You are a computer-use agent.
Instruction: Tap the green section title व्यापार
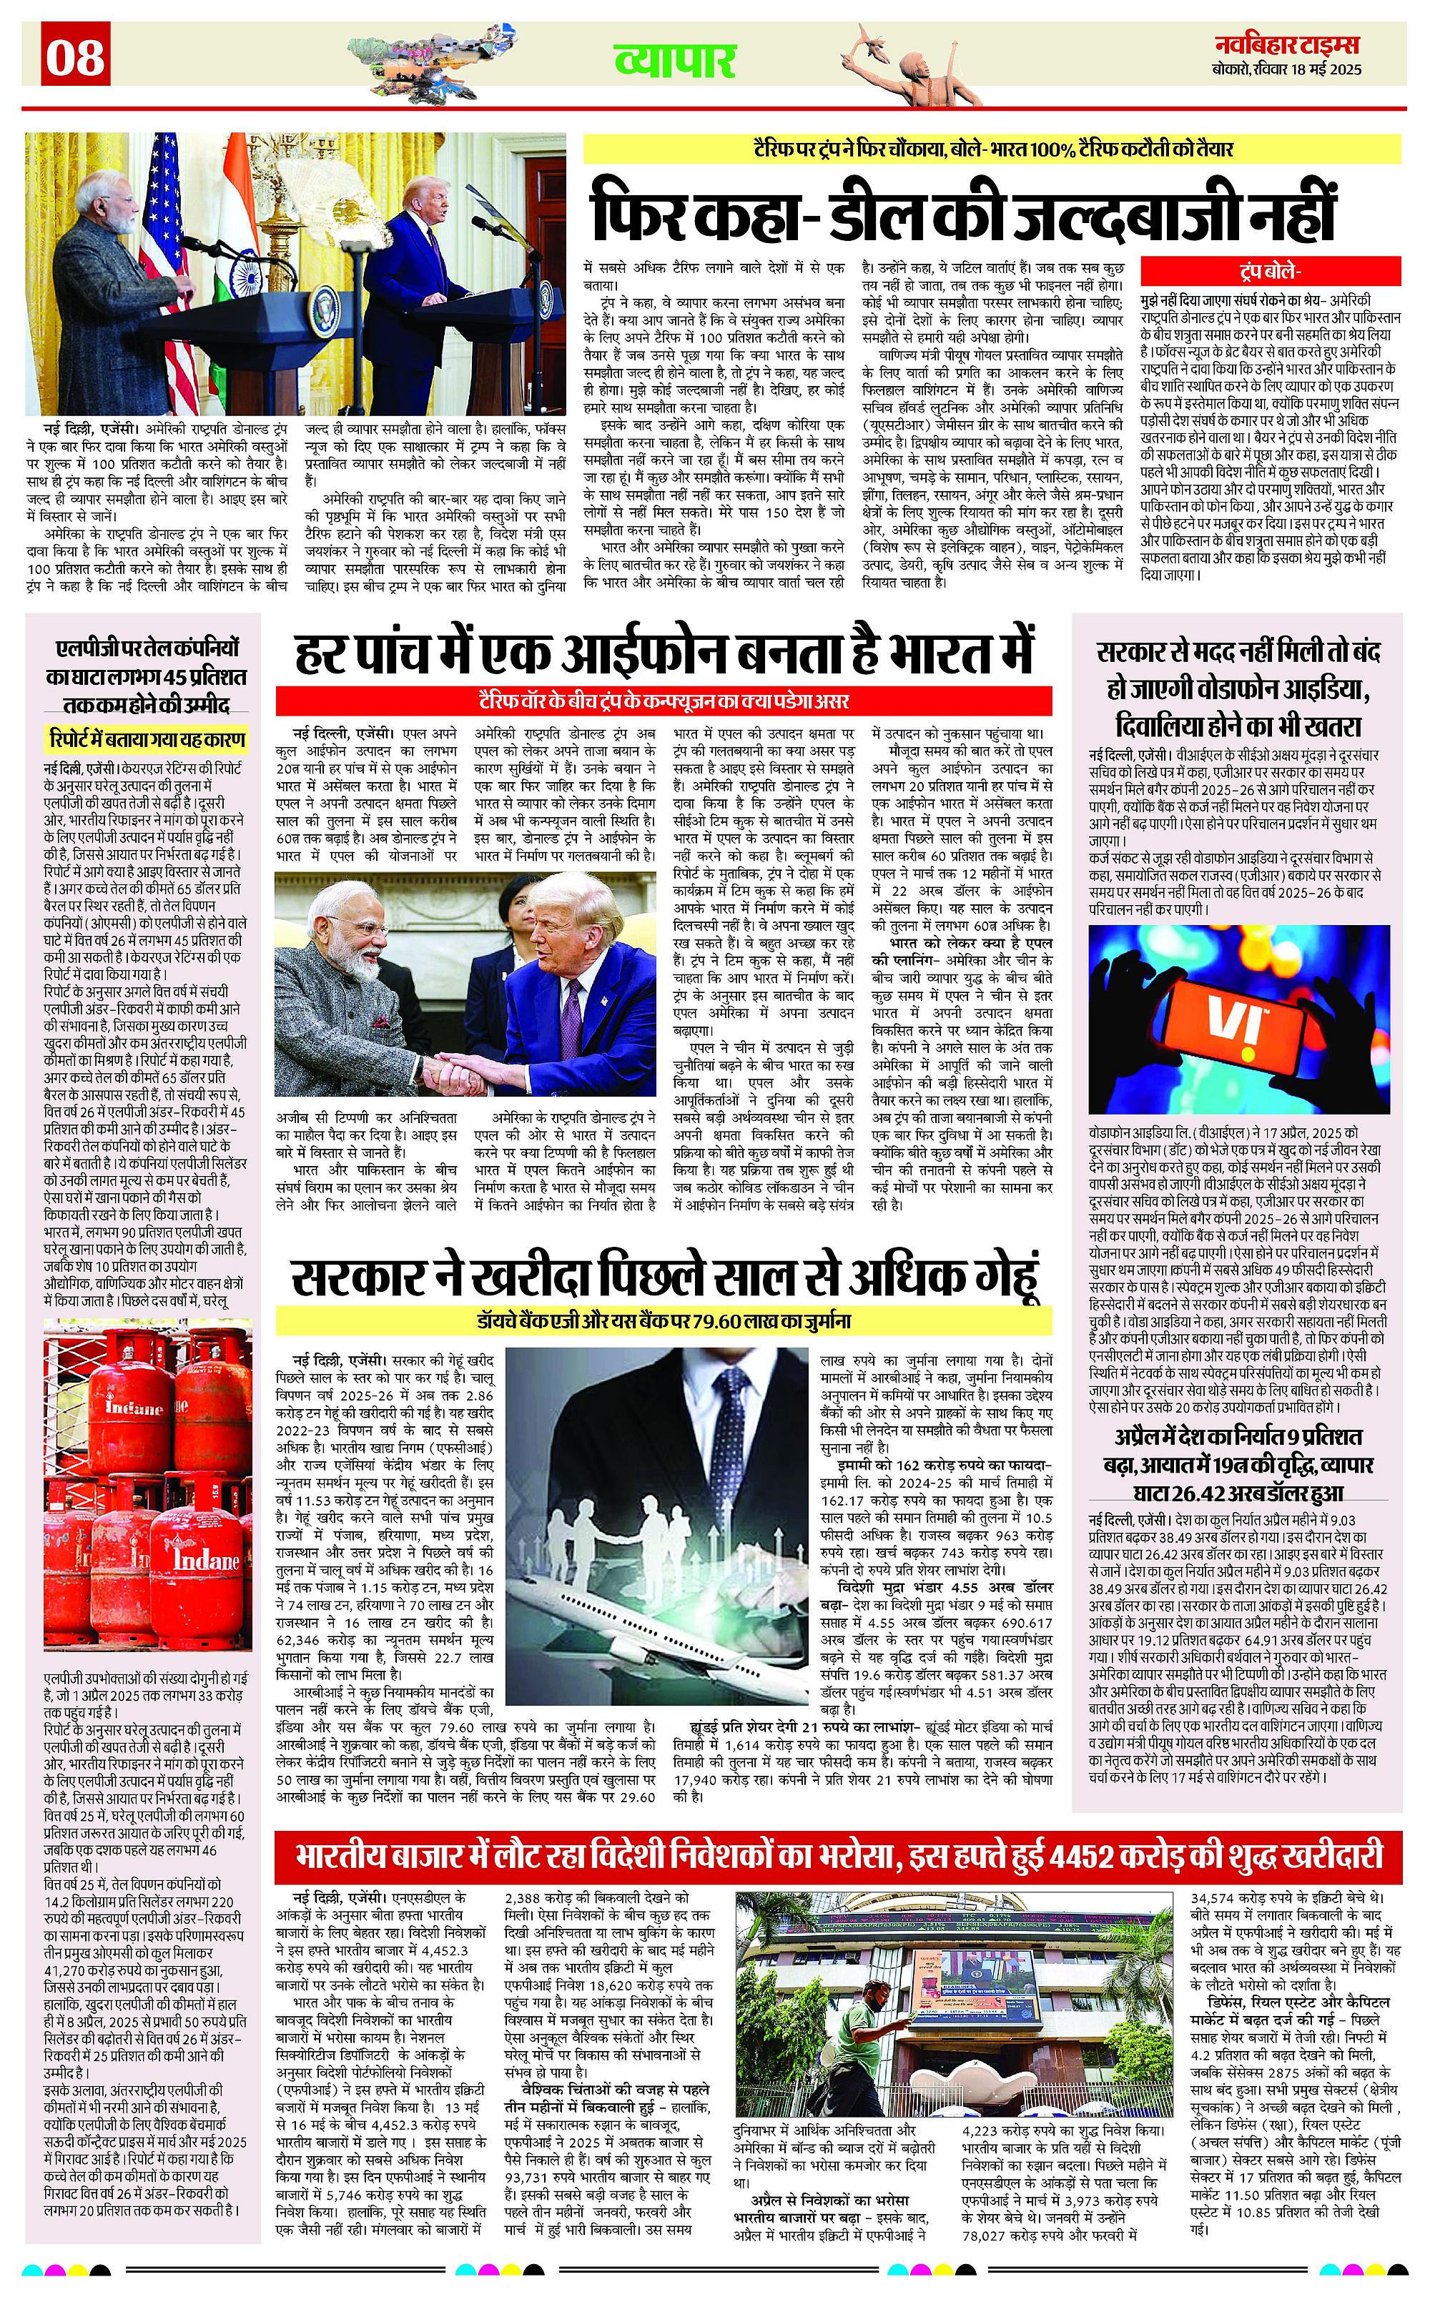pyautogui.click(x=675, y=61)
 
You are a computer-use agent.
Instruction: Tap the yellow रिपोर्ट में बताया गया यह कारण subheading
pyautogui.click(x=147, y=739)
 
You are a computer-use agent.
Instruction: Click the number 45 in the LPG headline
pyautogui.click(x=175, y=677)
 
